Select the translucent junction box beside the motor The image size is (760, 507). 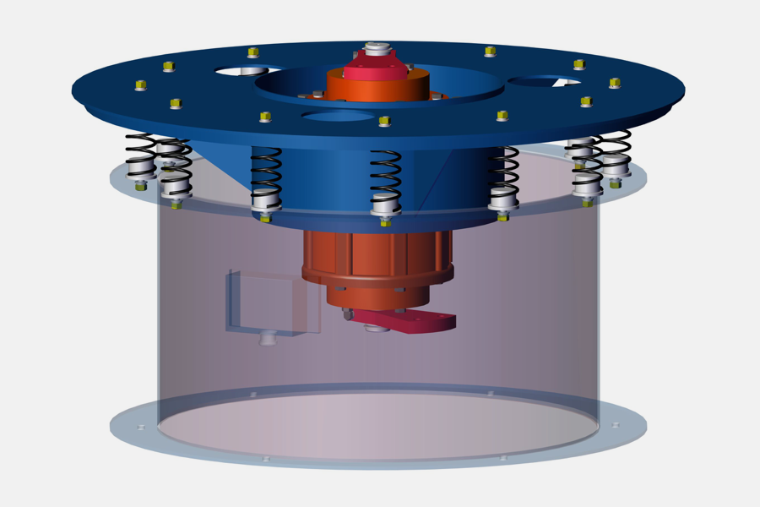(272, 303)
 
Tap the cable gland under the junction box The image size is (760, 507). (267, 338)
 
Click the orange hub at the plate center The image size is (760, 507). (377, 86)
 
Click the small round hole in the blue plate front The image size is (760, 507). (337, 115)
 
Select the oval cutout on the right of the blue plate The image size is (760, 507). (545, 82)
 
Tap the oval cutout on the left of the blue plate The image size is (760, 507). (242, 72)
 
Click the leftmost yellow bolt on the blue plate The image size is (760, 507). (141, 84)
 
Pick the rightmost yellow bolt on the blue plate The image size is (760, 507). (614, 83)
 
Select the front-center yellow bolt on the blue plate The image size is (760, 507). (384, 121)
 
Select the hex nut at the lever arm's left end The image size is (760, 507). (347, 314)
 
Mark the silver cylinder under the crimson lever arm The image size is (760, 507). (377, 328)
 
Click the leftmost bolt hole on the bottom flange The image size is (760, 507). (141, 428)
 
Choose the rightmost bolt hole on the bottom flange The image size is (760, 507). (616, 425)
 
